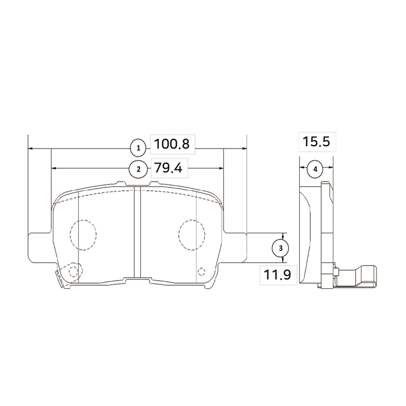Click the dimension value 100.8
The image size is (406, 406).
coord(172,144)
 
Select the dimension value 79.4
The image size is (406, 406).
coord(168,168)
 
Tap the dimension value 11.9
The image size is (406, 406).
coord(277,275)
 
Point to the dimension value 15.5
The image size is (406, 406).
coord(317,142)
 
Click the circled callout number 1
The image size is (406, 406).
coord(139,148)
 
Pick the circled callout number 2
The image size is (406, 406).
coord(139,169)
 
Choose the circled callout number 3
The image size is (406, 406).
coord(281,248)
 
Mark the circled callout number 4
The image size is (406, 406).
coord(315,169)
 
